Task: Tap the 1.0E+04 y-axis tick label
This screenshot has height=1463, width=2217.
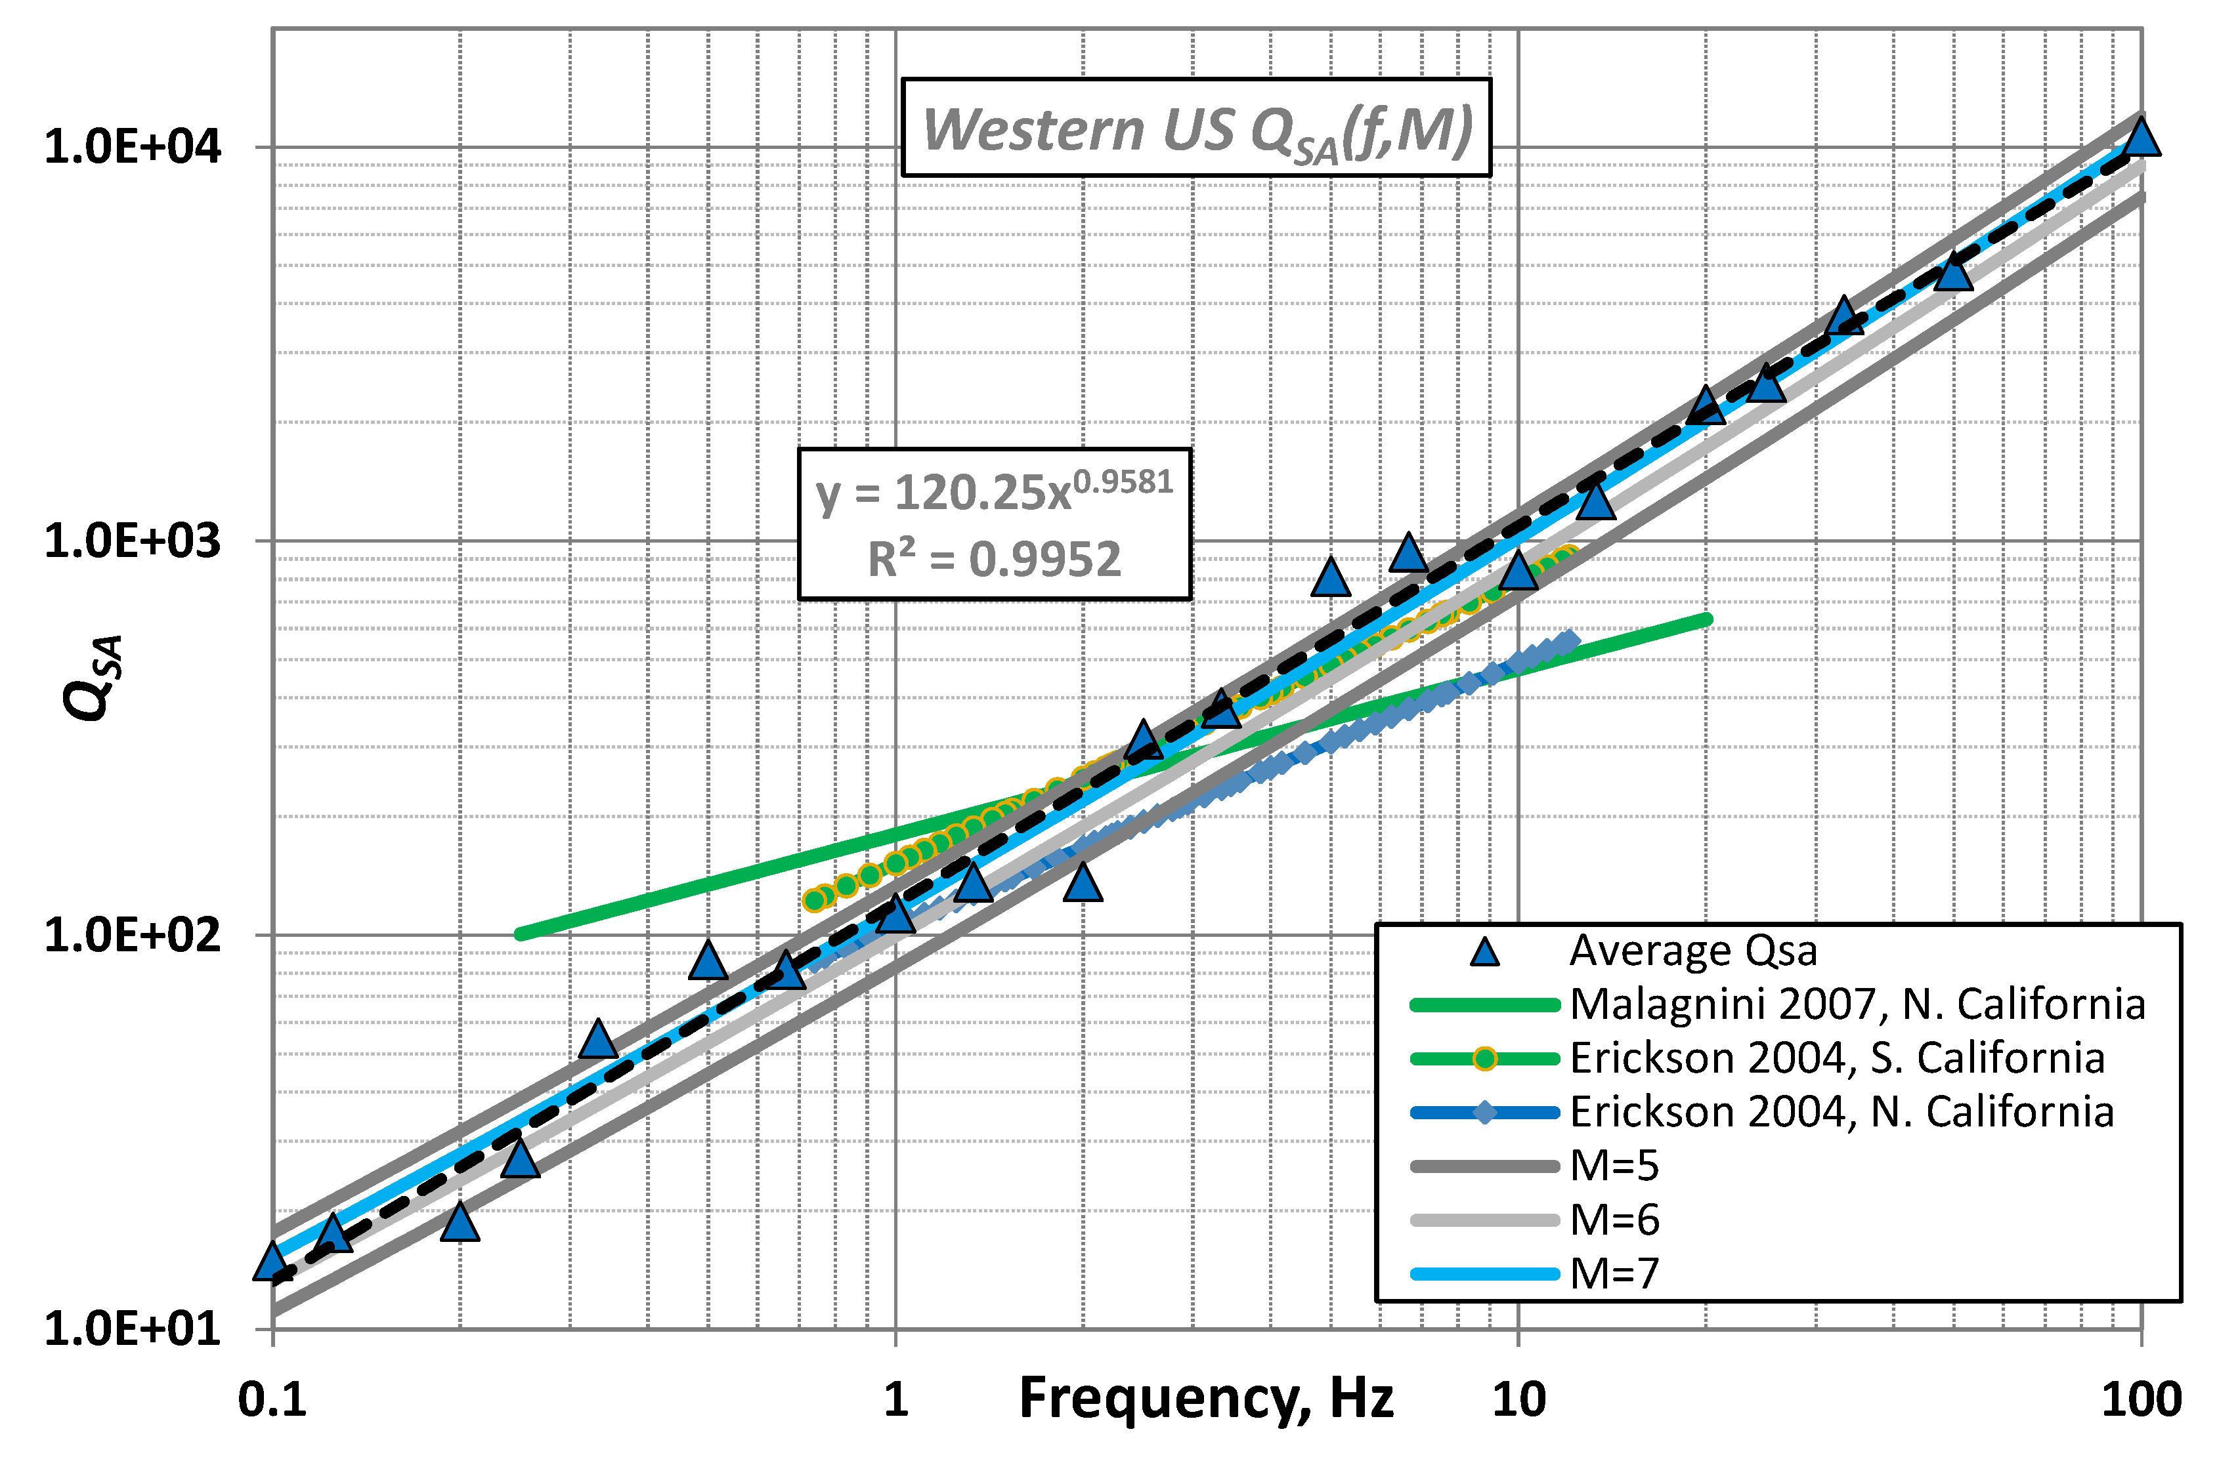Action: point(133,148)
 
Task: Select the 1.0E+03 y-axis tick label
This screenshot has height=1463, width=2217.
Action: point(133,541)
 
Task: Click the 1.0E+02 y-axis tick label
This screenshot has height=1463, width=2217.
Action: point(133,935)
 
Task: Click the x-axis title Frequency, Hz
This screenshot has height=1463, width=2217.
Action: point(1205,1397)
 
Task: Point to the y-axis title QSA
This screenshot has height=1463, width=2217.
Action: point(93,676)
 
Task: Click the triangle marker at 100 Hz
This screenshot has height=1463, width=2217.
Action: point(2140,138)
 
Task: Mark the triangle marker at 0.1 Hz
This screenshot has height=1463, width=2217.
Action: point(272,1262)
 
